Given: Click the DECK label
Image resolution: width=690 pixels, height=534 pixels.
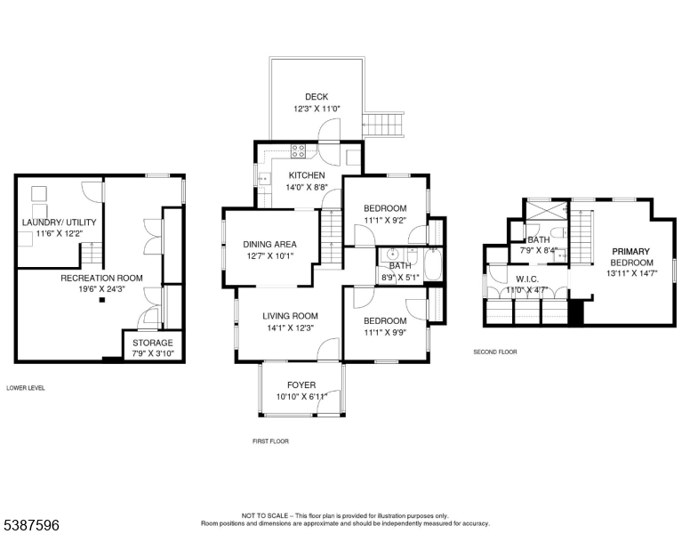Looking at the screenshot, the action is [x=317, y=97].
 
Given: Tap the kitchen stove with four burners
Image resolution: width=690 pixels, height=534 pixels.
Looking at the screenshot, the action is [x=299, y=150].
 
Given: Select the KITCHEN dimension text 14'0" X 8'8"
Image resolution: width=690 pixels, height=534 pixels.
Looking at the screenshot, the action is [x=307, y=187].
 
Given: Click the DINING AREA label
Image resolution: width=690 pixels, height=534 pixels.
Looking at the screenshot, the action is [x=269, y=244].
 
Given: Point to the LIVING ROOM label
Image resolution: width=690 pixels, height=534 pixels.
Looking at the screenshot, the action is [x=290, y=316].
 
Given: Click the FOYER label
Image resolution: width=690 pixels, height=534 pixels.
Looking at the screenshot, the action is [x=301, y=385].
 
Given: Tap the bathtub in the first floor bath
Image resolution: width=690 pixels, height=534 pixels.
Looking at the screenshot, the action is [x=433, y=264].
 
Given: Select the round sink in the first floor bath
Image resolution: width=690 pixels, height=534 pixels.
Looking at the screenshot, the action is [x=391, y=255].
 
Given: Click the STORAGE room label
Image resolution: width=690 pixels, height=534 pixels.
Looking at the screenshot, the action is [x=153, y=343].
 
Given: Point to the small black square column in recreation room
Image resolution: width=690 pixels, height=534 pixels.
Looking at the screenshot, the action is [x=102, y=300].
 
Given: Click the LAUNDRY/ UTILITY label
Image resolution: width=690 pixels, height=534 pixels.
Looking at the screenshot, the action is [x=59, y=222].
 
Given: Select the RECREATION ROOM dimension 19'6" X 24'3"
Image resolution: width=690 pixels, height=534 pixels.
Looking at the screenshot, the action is [x=101, y=289].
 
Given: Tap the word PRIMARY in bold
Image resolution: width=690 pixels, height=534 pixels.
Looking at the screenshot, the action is [x=631, y=252].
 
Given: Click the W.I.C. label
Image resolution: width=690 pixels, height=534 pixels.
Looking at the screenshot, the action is [x=527, y=279].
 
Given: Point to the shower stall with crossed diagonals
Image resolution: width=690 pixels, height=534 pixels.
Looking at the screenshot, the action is [x=547, y=211].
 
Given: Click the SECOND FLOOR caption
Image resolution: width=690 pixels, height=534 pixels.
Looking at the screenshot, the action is [x=495, y=352].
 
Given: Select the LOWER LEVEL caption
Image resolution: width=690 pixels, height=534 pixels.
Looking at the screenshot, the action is [x=26, y=388].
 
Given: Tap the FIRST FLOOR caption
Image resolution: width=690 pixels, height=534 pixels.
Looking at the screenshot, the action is [x=270, y=441].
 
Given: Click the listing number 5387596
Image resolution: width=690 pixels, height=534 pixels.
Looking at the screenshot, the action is [x=31, y=525].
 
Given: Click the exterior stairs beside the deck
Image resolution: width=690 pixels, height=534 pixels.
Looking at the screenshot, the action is [x=383, y=125].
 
